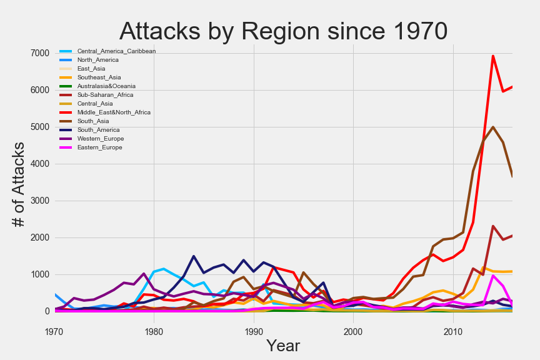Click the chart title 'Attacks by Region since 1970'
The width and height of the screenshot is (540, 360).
click(x=283, y=31)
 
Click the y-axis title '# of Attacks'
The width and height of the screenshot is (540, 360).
click(x=19, y=184)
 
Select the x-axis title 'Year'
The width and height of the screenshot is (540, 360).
click(x=282, y=346)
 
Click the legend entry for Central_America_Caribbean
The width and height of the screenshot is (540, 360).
click(x=116, y=51)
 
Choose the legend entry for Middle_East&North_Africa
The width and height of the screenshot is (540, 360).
click(x=114, y=112)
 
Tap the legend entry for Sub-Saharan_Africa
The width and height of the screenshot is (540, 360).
click(x=105, y=95)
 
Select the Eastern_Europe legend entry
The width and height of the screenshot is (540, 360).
click(x=100, y=147)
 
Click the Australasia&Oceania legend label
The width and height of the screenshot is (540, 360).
click(x=106, y=86)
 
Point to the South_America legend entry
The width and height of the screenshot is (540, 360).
click(x=101, y=130)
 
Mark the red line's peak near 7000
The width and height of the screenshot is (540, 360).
click(x=493, y=56)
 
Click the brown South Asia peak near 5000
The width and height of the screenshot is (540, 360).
click(x=493, y=127)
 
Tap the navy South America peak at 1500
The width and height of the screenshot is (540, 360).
click(x=194, y=256)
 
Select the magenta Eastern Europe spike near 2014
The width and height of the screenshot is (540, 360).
click(x=493, y=275)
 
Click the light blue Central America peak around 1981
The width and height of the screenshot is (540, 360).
click(x=164, y=269)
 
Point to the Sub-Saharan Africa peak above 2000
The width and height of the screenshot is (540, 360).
click(x=493, y=226)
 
